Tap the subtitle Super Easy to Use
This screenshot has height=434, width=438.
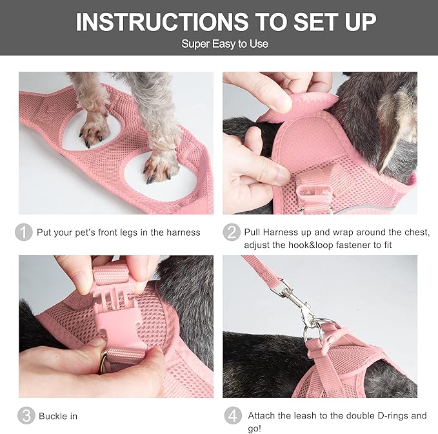(224, 44)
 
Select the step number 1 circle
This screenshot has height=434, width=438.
(24, 232)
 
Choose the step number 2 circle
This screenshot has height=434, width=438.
(232, 232)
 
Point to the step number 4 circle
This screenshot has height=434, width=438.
(232, 415)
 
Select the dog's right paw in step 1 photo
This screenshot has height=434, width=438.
(158, 167)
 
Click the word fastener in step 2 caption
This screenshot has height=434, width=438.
(357, 245)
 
